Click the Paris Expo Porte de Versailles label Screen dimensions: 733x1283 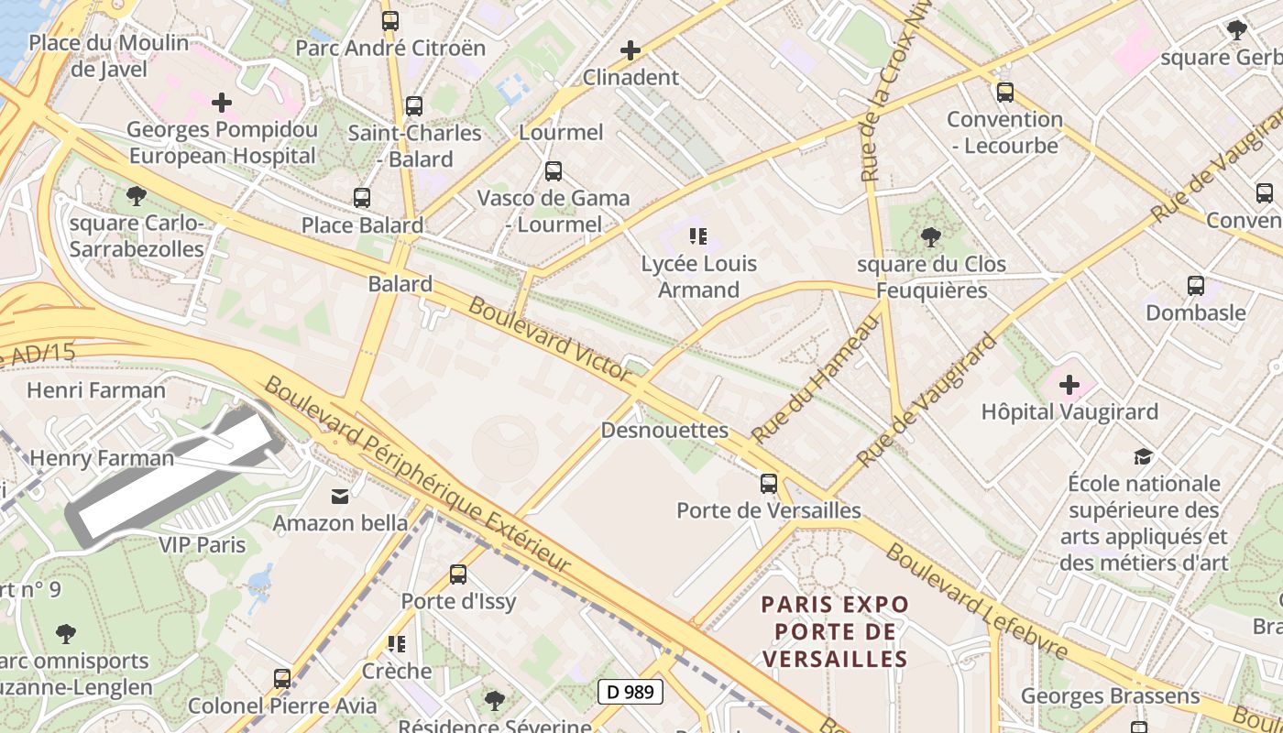(835, 631)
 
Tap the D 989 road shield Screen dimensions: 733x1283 (631, 692)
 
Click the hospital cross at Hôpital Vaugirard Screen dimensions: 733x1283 (1069, 385)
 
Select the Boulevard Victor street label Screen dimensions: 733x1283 (549, 338)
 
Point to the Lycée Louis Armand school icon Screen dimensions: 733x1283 (698, 237)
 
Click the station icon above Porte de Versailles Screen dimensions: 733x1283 (768, 483)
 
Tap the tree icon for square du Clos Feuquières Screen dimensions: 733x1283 (930, 237)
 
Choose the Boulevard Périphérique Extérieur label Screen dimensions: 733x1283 (417, 474)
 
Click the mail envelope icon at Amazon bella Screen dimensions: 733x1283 (340, 496)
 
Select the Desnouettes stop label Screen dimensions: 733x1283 (664, 430)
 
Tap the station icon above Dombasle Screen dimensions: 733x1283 (1195, 285)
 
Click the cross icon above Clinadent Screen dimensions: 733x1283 (631, 50)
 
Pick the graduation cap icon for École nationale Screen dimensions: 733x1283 (1143, 456)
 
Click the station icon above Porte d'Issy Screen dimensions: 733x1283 (458, 574)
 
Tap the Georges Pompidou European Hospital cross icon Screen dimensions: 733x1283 (221, 103)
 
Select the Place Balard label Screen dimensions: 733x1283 (362, 225)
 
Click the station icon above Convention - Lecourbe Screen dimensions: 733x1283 (1004, 92)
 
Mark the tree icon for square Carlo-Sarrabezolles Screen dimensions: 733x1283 (136, 195)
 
